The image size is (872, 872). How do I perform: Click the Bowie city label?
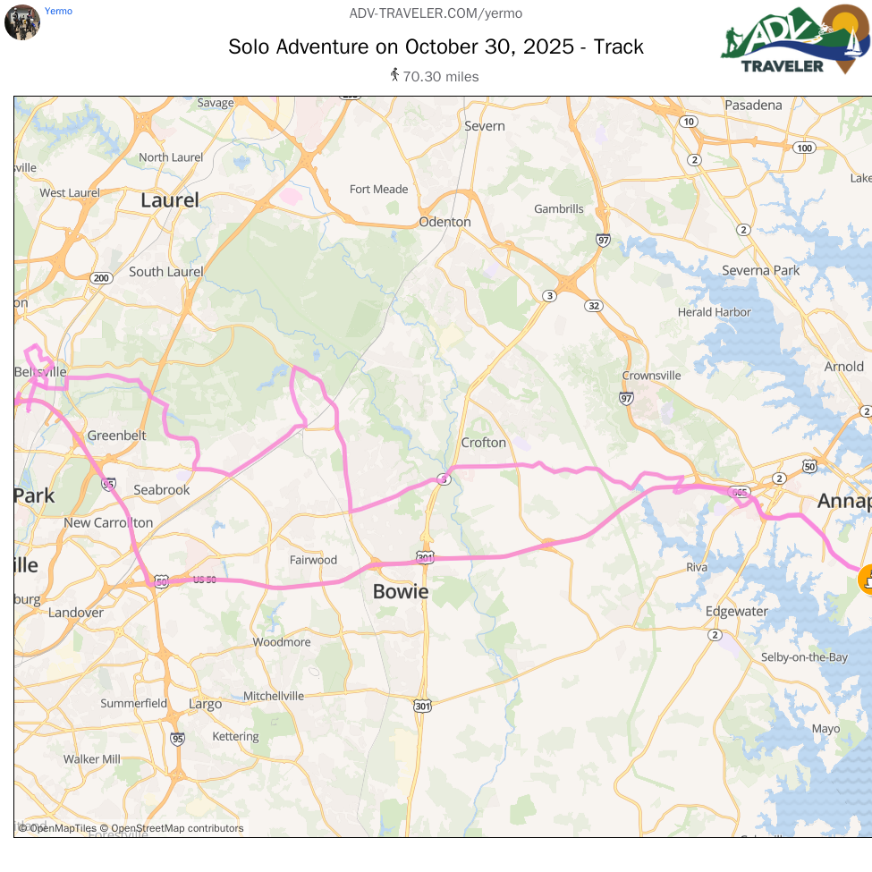[401, 591]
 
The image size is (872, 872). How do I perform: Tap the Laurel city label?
[170, 200]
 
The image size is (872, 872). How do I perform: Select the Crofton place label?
[484, 443]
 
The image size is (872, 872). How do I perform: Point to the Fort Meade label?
[378, 190]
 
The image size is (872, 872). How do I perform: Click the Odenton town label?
[444, 222]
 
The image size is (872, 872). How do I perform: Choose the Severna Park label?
[760, 270]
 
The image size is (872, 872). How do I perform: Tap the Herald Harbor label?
[715, 312]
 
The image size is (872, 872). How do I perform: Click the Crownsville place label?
[651, 376]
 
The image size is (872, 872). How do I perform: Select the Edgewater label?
[736, 612]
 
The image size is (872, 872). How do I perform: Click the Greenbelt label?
[116, 436]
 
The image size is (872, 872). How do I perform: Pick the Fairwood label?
[313, 560]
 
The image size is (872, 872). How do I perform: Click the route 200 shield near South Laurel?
[100, 278]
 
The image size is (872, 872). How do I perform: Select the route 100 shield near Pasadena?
[804, 148]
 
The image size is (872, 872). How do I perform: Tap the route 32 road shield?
[594, 306]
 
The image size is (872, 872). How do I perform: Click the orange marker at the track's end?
[865, 579]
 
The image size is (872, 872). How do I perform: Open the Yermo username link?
[58, 12]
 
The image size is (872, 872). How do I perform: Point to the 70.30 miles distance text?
[440, 77]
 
